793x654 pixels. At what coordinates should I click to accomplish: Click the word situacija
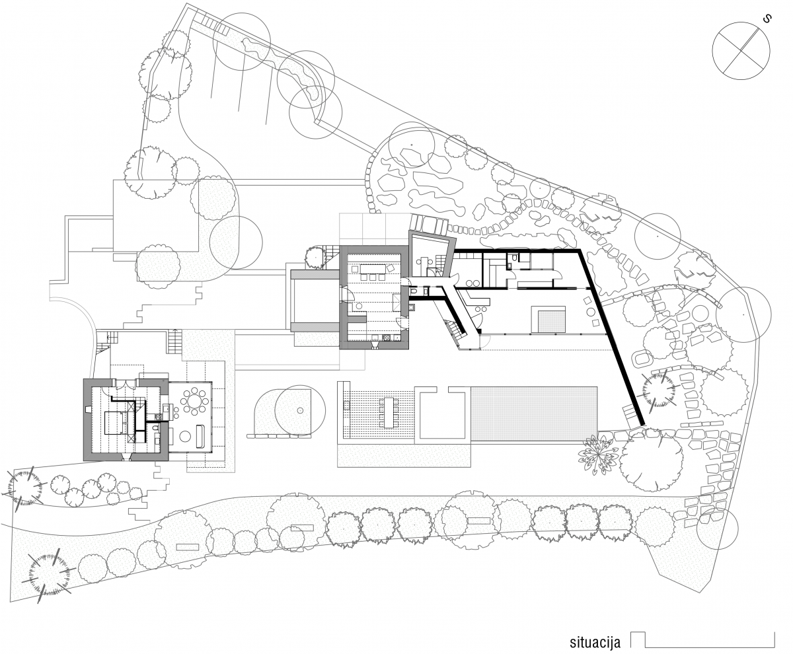coord(595,641)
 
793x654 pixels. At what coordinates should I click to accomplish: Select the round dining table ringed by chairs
coord(194,401)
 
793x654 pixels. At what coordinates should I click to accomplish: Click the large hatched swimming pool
coord(533,414)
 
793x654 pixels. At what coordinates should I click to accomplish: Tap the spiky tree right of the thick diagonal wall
coord(659,391)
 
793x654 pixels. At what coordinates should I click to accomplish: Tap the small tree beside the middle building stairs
coord(315,257)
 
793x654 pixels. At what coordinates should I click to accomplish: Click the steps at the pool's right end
coord(629,412)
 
